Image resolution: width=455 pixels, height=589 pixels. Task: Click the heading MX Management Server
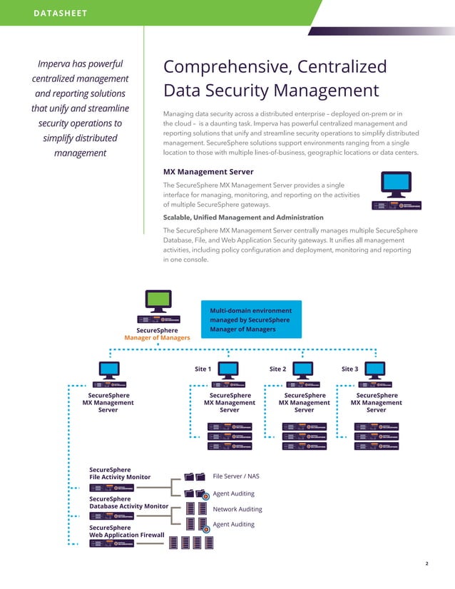click(x=208, y=172)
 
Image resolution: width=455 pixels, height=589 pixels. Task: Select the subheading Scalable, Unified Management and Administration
click(x=243, y=217)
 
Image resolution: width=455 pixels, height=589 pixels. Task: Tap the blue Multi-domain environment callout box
click(x=250, y=320)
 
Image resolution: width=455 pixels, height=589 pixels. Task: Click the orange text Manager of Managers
click(x=157, y=337)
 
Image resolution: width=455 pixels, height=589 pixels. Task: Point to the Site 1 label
click(x=203, y=369)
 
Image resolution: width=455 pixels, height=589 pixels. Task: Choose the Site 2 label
click(x=277, y=369)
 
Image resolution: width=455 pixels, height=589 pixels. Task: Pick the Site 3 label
click(x=350, y=369)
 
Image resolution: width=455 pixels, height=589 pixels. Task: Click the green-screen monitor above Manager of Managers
click(x=158, y=300)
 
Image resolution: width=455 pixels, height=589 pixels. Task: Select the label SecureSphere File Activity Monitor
click(x=120, y=473)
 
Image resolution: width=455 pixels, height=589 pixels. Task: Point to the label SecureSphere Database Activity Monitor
click(x=128, y=502)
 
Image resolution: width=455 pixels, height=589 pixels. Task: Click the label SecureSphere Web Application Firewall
click(x=126, y=531)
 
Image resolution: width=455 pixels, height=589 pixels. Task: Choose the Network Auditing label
click(x=237, y=509)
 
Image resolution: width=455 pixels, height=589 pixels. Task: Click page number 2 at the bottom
click(x=426, y=564)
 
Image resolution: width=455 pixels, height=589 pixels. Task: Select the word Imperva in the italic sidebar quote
click(x=53, y=63)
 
